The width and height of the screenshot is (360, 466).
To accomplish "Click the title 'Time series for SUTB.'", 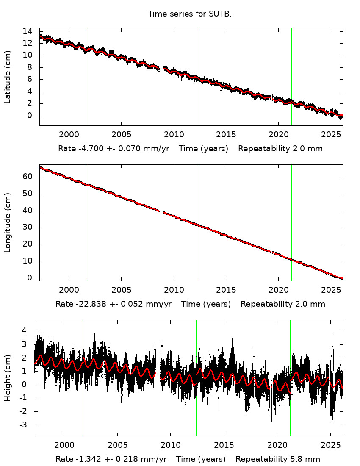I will pos(190,14).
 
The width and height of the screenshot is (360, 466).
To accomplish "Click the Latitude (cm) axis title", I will pos(8,77).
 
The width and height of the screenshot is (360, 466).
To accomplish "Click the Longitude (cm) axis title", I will pos(8,223).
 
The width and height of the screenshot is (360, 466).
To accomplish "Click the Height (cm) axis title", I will pos(8,378).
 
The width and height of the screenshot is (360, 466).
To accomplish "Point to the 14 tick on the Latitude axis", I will pos(28,31).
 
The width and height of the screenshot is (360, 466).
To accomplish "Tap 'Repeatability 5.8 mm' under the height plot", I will pos(278,459).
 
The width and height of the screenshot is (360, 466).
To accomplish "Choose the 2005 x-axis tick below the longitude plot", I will pos(121,290).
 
